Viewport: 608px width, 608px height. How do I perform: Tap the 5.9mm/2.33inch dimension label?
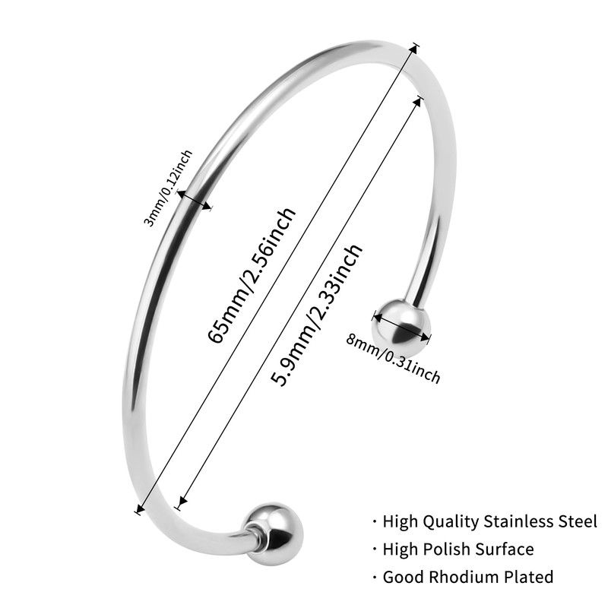(x=318, y=315)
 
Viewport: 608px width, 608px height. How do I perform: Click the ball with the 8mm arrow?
(x=401, y=323)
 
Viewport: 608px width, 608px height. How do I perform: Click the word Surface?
(x=505, y=549)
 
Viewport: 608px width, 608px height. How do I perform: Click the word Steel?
(x=578, y=521)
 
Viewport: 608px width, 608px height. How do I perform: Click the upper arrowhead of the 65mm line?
(x=415, y=47)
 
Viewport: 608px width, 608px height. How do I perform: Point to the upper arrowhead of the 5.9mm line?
(x=417, y=100)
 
